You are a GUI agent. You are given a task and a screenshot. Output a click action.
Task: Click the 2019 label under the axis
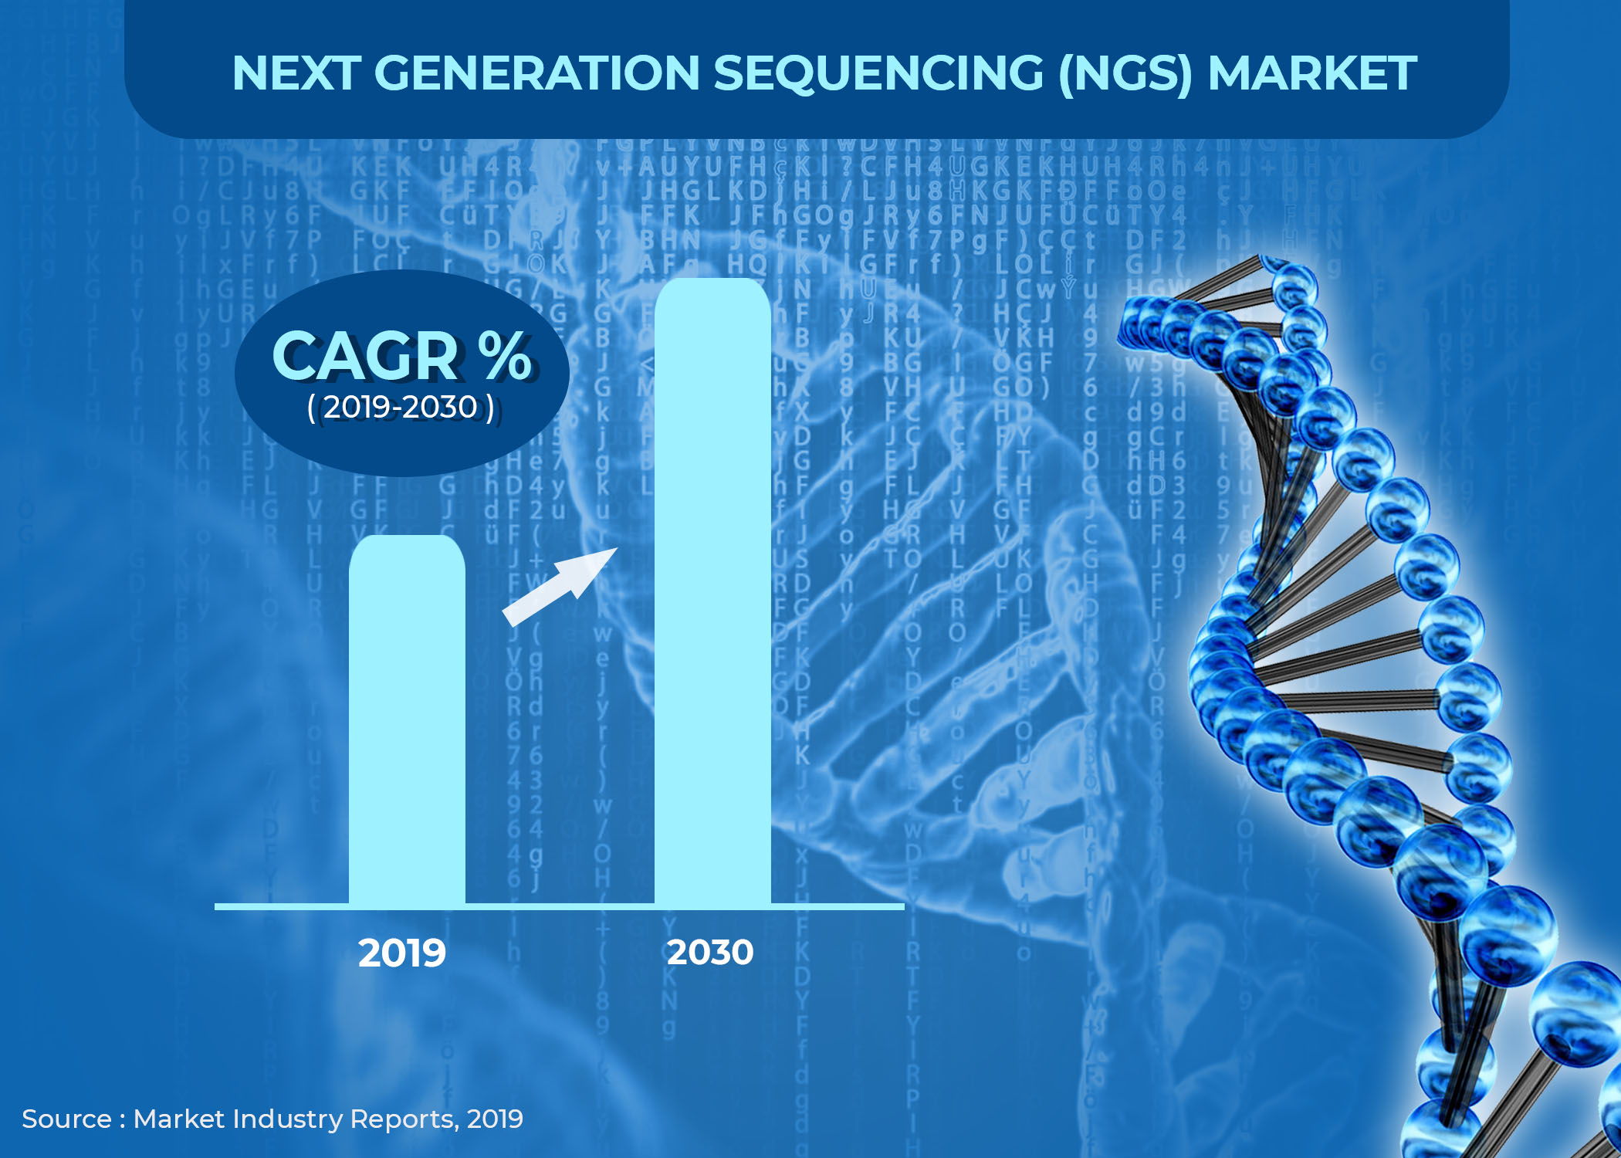pyautogui.click(x=402, y=953)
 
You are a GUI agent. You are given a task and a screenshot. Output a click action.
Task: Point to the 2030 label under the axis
pyautogui.click(x=710, y=953)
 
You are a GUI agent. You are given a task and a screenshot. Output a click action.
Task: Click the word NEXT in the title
pyautogui.click(x=296, y=73)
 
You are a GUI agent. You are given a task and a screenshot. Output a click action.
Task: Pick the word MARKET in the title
pyautogui.click(x=1312, y=73)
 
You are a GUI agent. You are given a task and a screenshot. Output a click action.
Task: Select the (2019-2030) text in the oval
pyautogui.click(x=401, y=408)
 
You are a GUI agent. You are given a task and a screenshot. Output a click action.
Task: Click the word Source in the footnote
pyautogui.click(x=66, y=1119)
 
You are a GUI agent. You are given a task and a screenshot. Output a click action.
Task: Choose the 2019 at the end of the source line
pyautogui.click(x=495, y=1119)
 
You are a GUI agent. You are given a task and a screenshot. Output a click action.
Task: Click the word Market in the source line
pyautogui.click(x=179, y=1119)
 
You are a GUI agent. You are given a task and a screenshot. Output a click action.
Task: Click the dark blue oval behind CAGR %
pyautogui.click(x=401, y=448)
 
